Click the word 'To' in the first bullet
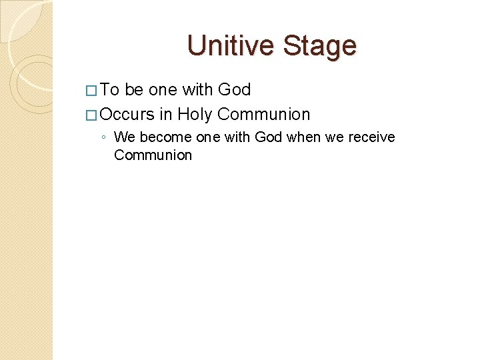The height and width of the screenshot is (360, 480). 111,90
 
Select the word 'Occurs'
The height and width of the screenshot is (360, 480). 127,114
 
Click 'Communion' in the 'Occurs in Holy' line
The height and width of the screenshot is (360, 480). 264,114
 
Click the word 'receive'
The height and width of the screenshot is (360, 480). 370,137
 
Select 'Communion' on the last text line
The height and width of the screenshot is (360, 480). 153,155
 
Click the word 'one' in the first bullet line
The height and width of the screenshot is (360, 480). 163,90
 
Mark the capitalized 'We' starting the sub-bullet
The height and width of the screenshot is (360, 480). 123,137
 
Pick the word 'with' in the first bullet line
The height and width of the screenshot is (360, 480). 199,90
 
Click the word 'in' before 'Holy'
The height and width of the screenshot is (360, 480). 166,114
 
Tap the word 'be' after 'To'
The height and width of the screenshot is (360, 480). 134,90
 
